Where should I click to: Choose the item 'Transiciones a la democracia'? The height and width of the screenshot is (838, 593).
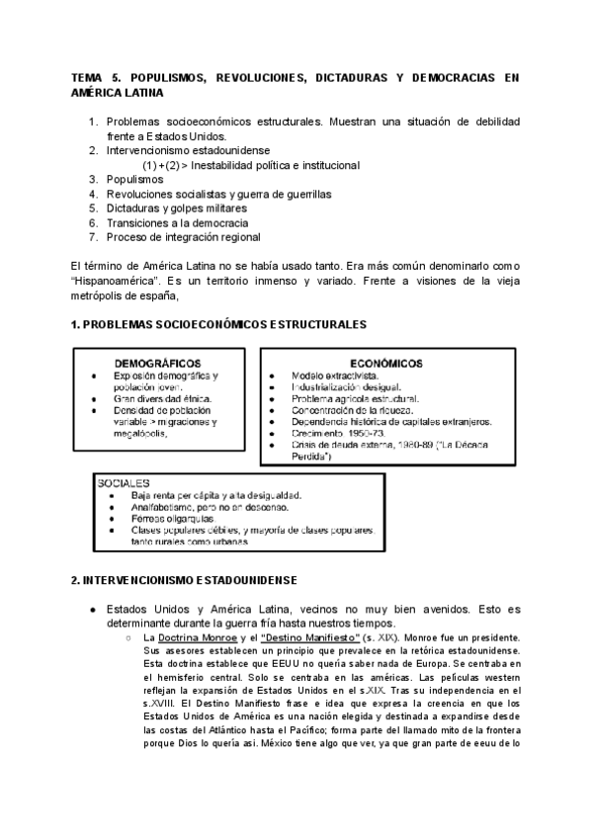tap(163, 223)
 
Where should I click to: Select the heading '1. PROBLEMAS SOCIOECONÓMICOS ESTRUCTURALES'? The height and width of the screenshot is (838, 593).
tap(219, 325)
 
